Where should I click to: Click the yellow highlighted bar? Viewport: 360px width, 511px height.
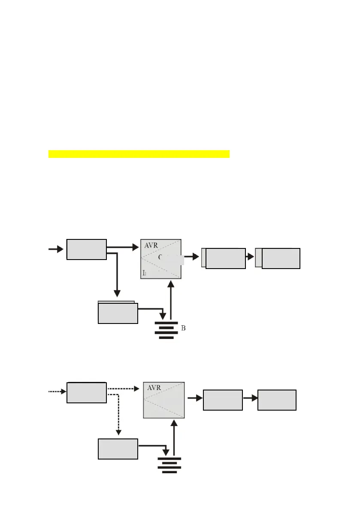click(x=139, y=154)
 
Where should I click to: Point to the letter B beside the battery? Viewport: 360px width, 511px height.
click(x=183, y=328)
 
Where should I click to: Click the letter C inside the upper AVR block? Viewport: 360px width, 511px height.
click(x=160, y=257)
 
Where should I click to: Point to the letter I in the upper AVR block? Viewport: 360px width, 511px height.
click(x=144, y=273)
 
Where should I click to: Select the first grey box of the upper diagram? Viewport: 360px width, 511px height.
click(x=86, y=249)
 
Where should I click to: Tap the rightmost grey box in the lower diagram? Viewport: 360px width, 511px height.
click(x=277, y=400)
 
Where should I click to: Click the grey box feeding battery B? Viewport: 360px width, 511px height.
click(x=118, y=313)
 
